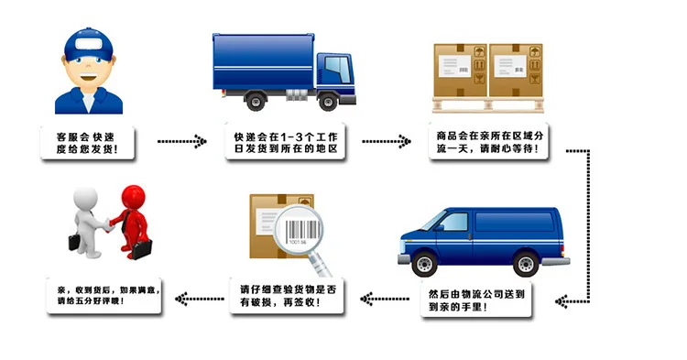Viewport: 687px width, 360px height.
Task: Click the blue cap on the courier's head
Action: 89,44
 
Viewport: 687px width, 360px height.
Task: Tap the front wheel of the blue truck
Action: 328,102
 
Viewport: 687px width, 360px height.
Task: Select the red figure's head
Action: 133,198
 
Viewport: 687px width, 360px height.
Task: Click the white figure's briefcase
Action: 74,242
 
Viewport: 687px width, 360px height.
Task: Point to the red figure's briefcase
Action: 141,249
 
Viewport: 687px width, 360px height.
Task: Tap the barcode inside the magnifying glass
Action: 302,230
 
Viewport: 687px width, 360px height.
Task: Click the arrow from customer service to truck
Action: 182,141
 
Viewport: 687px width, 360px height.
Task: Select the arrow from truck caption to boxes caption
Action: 387,141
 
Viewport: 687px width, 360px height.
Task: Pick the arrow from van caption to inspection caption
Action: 385,300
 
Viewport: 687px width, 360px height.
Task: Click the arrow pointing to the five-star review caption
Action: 200,300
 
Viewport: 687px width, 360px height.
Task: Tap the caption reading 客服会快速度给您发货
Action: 87,143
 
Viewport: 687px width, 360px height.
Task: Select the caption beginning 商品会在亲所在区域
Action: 489,142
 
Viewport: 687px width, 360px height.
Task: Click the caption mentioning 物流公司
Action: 476,300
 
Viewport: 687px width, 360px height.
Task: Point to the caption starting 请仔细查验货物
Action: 287,296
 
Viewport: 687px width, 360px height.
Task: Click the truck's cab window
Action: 338,70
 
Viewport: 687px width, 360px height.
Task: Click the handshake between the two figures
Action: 106,224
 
